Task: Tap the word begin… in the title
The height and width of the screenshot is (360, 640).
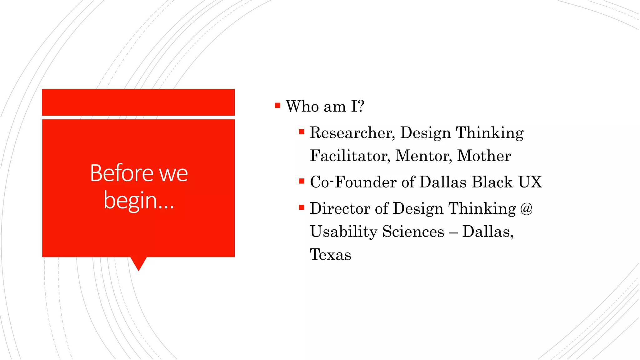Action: coord(138,201)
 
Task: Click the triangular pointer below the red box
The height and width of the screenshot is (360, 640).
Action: coord(138,263)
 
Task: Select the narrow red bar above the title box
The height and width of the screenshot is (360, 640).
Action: coord(138,102)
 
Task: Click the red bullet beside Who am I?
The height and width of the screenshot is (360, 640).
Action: coord(277,105)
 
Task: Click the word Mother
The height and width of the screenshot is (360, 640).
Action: coord(484,156)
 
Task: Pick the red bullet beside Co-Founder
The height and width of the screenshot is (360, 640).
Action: coord(302,181)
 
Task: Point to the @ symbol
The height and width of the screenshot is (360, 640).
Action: coord(526,208)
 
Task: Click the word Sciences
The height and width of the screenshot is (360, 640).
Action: coord(413,232)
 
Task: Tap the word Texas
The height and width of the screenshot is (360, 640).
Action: coord(330,254)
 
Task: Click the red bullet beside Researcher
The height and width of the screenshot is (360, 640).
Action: coord(302,132)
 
